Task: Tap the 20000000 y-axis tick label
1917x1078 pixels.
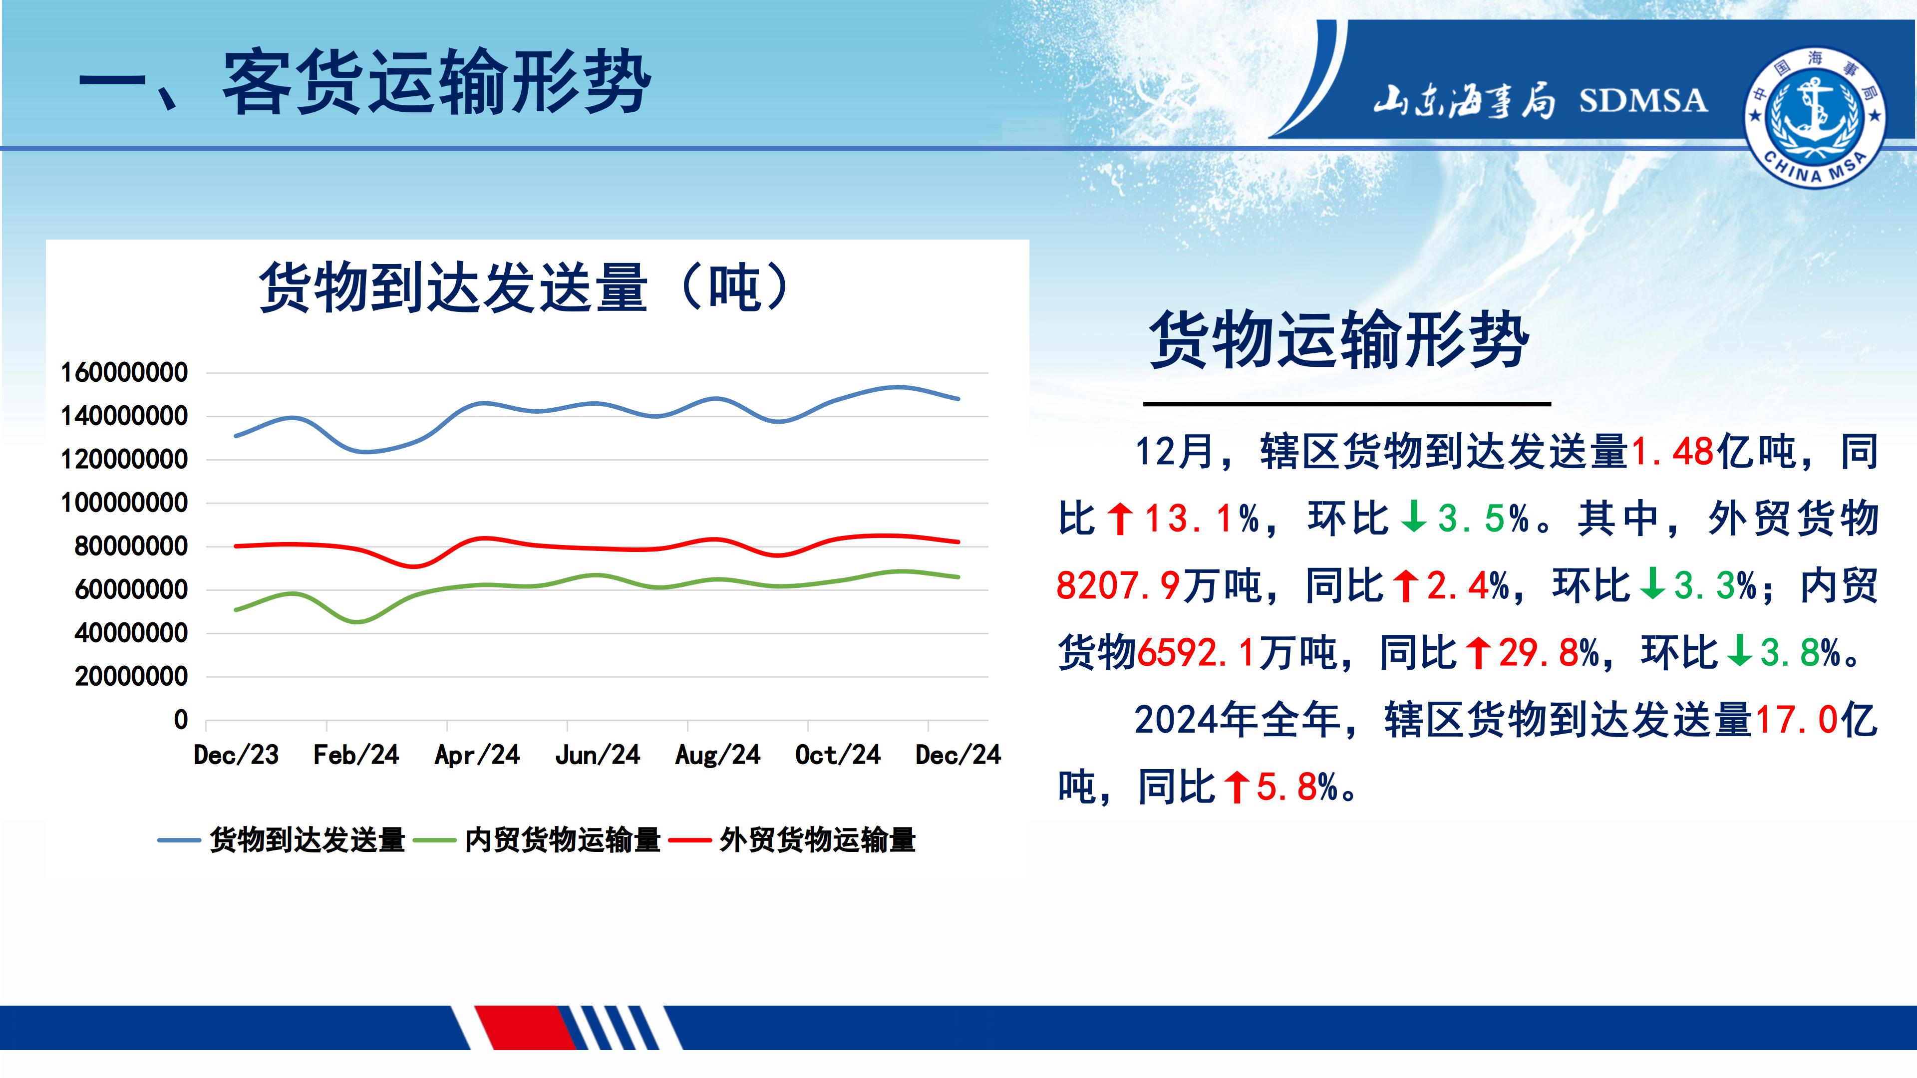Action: coord(131,677)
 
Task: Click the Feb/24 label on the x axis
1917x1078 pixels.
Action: coord(356,755)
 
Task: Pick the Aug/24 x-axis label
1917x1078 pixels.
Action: coord(717,755)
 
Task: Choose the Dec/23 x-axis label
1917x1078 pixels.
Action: coord(236,755)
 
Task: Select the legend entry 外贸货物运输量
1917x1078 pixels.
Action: coord(792,840)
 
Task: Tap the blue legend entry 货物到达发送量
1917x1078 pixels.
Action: coord(281,840)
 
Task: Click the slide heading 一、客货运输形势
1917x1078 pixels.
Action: coord(364,82)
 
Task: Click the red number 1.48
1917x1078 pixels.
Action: coord(1672,452)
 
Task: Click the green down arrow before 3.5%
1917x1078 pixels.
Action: coord(1413,518)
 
